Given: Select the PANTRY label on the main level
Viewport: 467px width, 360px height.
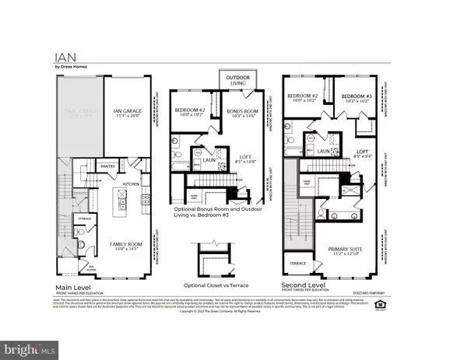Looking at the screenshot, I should click(108, 166).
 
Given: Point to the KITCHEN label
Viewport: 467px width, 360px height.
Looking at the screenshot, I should click(131, 184).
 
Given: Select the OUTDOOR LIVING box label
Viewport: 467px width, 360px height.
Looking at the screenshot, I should click(238, 81).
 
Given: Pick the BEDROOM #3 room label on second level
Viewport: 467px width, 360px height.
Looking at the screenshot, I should click(357, 96).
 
